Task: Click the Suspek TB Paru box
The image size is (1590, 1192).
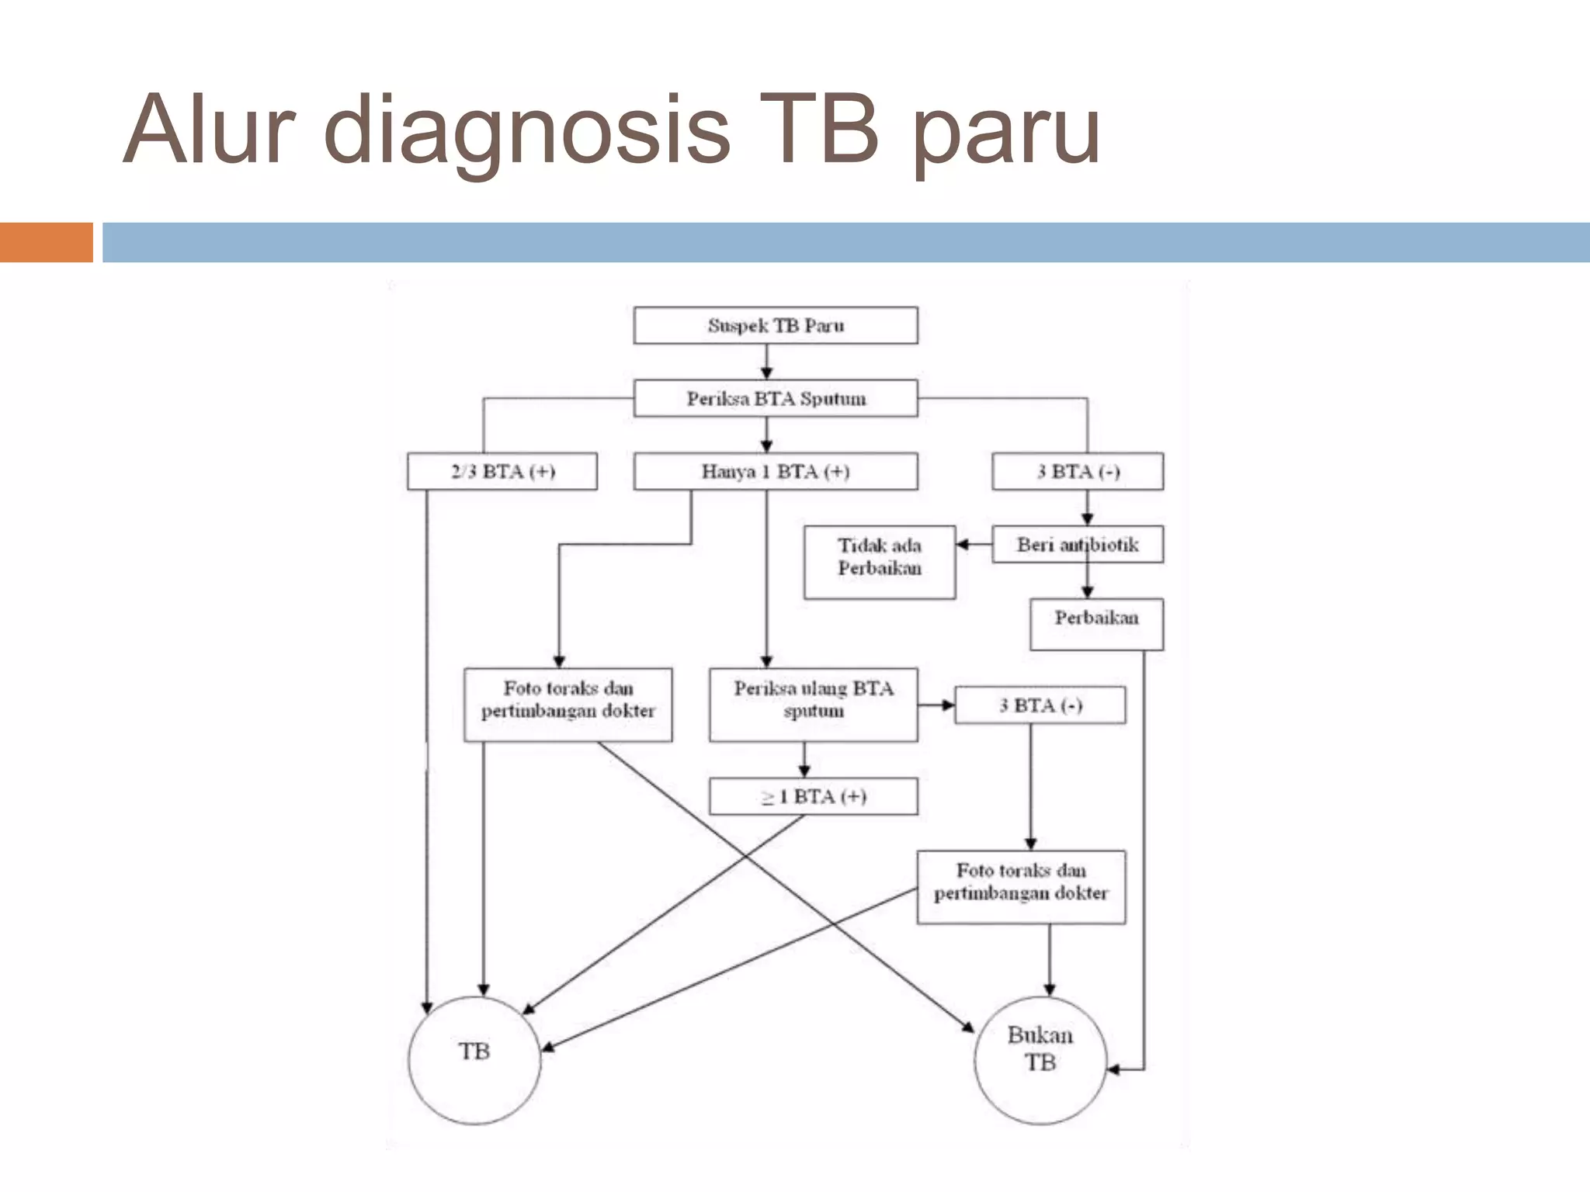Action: click(775, 325)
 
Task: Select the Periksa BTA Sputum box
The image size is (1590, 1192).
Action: click(775, 398)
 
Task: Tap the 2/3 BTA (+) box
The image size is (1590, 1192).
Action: click(502, 471)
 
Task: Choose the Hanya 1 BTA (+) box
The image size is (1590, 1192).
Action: click(775, 471)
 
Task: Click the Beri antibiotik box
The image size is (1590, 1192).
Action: click(1077, 544)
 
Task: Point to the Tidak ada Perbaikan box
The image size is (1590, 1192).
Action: click(879, 562)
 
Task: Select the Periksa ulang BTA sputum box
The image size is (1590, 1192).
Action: click(813, 704)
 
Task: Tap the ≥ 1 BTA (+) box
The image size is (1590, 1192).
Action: click(813, 796)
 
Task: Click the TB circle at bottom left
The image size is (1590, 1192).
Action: click(474, 1060)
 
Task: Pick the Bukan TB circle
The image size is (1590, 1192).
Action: click(1040, 1060)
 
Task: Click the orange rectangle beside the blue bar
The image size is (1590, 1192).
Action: click(46, 242)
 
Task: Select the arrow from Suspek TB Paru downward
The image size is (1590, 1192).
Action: click(766, 362)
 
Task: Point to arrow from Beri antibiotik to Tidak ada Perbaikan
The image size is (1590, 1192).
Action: click(973, 544)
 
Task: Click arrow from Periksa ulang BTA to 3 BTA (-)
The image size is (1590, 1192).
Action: click(936, 705)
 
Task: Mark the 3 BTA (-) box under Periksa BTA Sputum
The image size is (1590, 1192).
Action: click(1077, 471)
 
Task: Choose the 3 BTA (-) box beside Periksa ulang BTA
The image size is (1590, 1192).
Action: click(1040, 705)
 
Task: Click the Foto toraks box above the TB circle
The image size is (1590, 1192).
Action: click(568, 704)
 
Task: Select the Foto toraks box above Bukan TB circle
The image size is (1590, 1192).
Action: click(1020, 886)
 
